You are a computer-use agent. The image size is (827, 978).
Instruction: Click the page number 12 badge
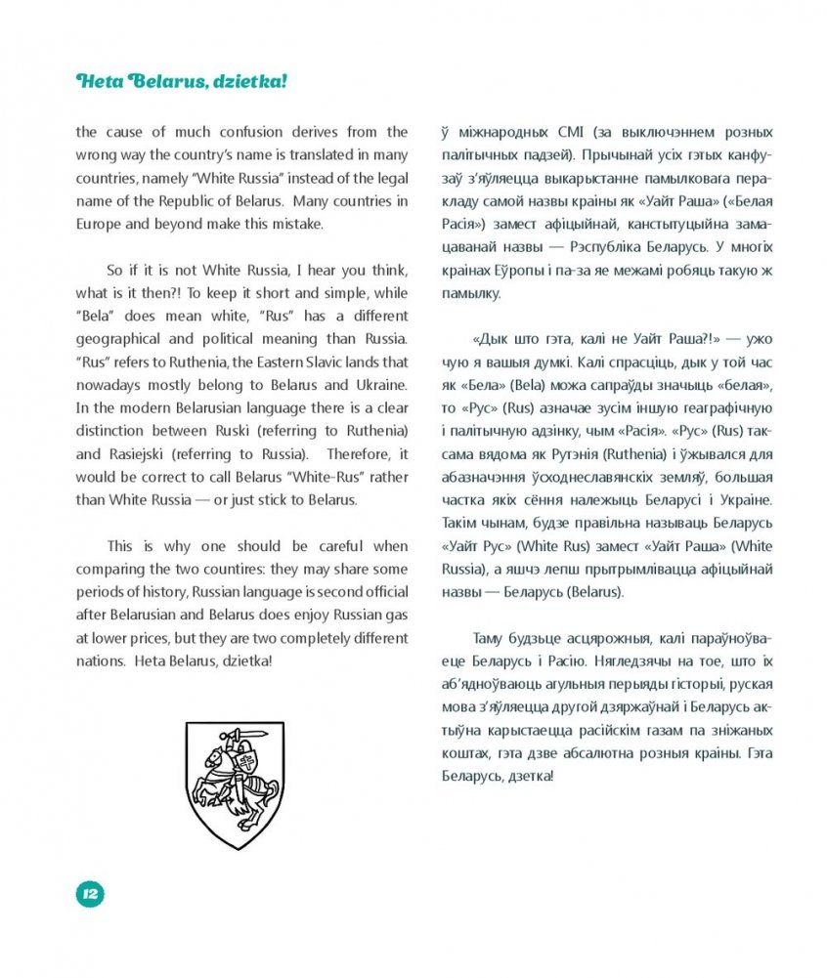[90, 892]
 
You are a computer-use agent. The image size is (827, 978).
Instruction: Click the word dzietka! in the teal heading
[253, 82]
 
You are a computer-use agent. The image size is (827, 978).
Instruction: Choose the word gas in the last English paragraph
[395, 615]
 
